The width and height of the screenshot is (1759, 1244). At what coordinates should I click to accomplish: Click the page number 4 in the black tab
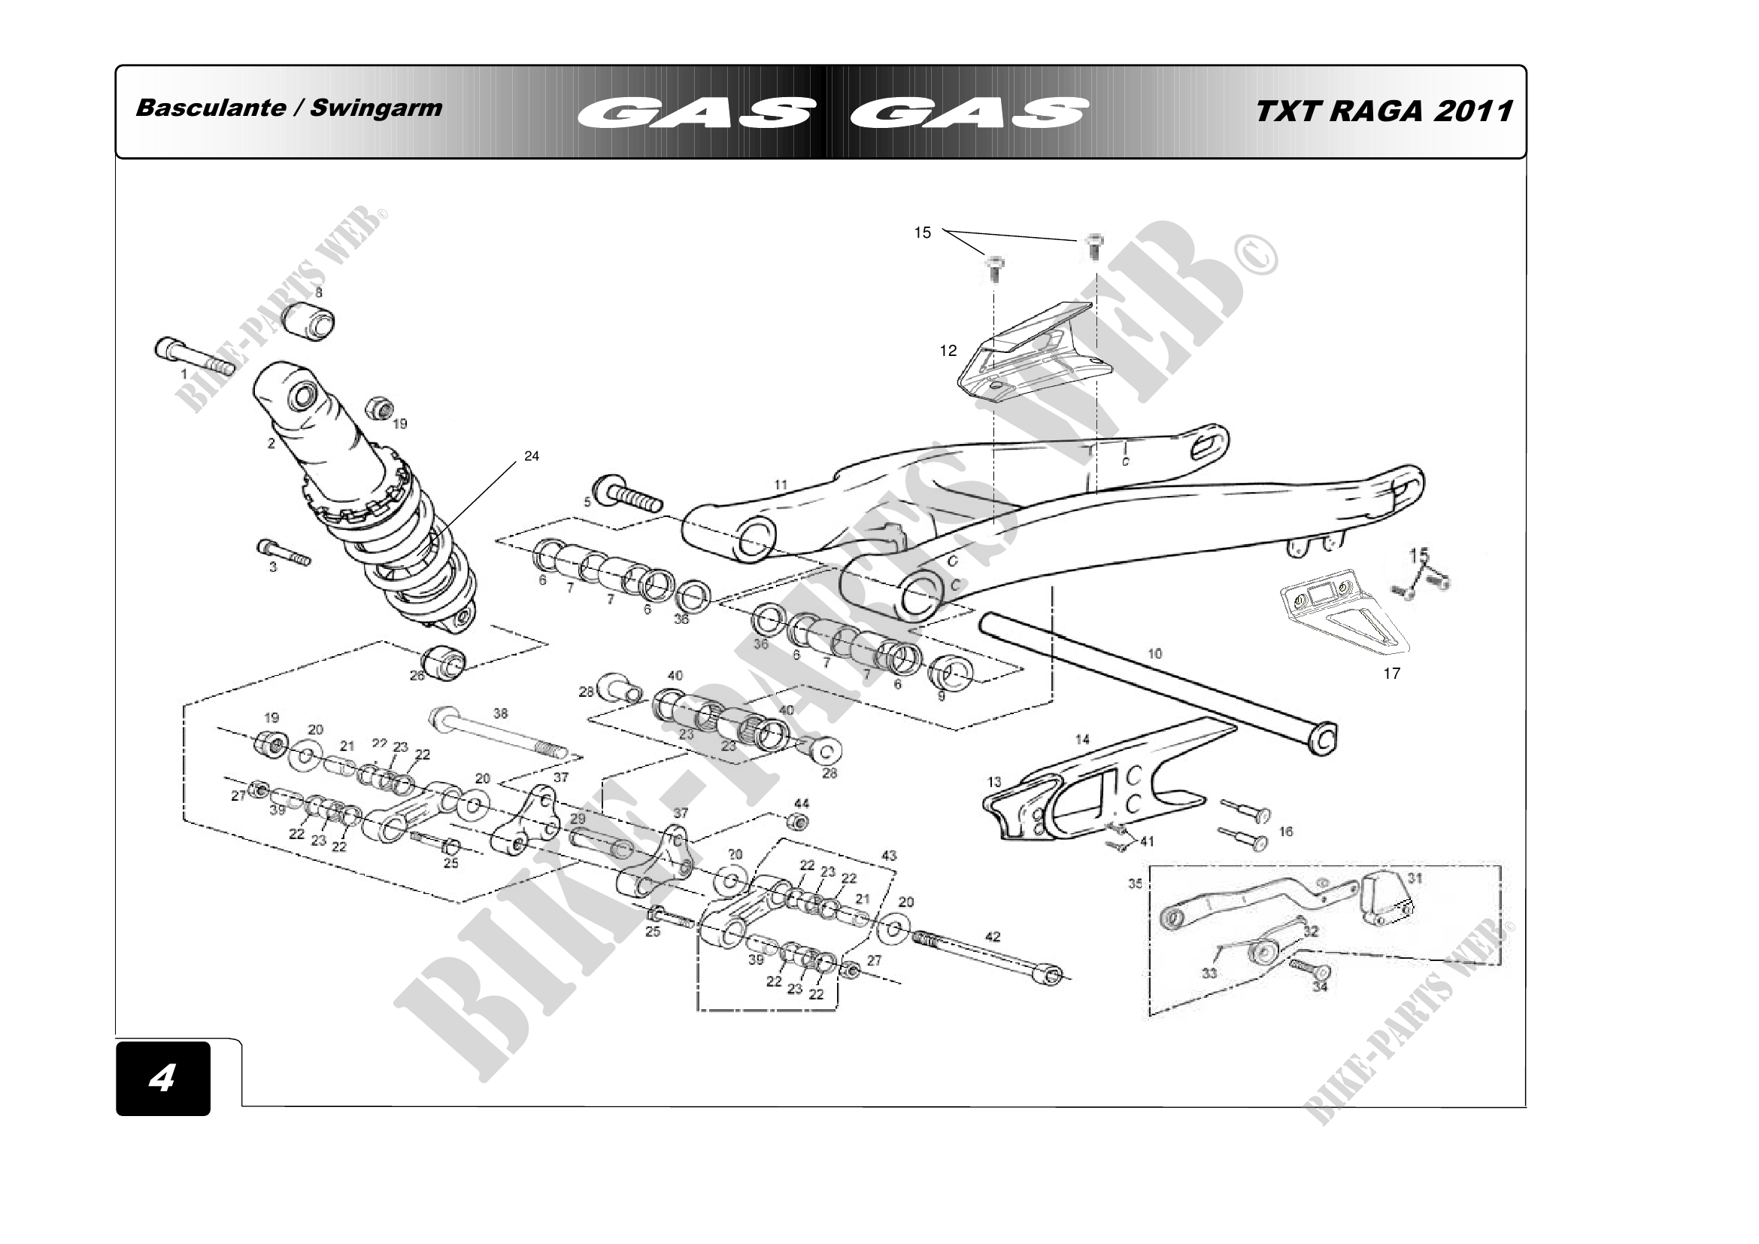[162, 1078]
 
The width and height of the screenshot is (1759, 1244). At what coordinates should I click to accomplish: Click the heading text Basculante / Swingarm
[289, 108]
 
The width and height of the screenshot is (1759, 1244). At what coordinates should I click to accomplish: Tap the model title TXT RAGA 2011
[1384, 111]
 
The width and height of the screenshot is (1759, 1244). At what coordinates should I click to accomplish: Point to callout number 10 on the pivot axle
[1154, 654]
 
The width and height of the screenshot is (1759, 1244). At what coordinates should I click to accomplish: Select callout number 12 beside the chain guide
[948, 351]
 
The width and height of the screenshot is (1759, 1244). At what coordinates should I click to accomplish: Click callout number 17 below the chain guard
[1391, 674]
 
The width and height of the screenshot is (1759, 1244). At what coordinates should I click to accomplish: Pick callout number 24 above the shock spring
[532, 456]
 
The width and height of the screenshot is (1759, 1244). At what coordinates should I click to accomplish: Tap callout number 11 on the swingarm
[781, 485]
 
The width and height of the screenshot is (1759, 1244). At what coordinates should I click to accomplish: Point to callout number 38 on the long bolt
[500, 713]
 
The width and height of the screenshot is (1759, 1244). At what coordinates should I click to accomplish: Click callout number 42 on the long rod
[992, 937]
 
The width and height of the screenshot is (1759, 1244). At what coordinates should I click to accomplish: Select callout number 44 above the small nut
[802, 803]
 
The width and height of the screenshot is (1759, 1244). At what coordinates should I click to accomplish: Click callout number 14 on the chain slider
[1082, 740]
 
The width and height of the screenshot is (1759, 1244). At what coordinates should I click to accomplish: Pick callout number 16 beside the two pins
[1286, 832]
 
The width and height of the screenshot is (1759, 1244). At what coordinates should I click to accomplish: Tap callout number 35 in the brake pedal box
[1136, 884]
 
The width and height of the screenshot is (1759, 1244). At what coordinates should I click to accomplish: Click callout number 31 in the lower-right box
[1415, 878]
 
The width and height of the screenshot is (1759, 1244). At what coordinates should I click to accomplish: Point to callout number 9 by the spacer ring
[942, 696]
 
